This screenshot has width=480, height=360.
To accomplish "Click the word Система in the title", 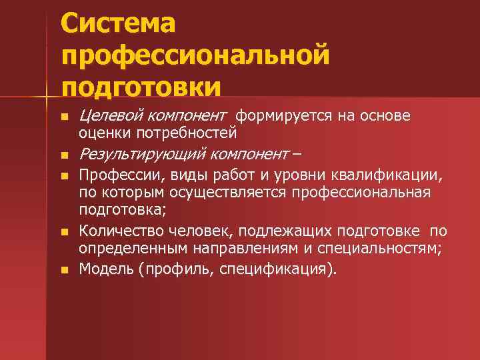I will tap(118, 25).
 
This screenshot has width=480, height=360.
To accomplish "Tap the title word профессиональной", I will tap(195, 56).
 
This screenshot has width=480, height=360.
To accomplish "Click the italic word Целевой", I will tap(109, 116).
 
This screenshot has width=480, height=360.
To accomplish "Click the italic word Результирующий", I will tap(142, 155).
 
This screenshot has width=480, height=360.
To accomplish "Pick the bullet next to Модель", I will tap(64, 270).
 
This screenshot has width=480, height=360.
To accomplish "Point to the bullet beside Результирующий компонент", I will tap(64, 157).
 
